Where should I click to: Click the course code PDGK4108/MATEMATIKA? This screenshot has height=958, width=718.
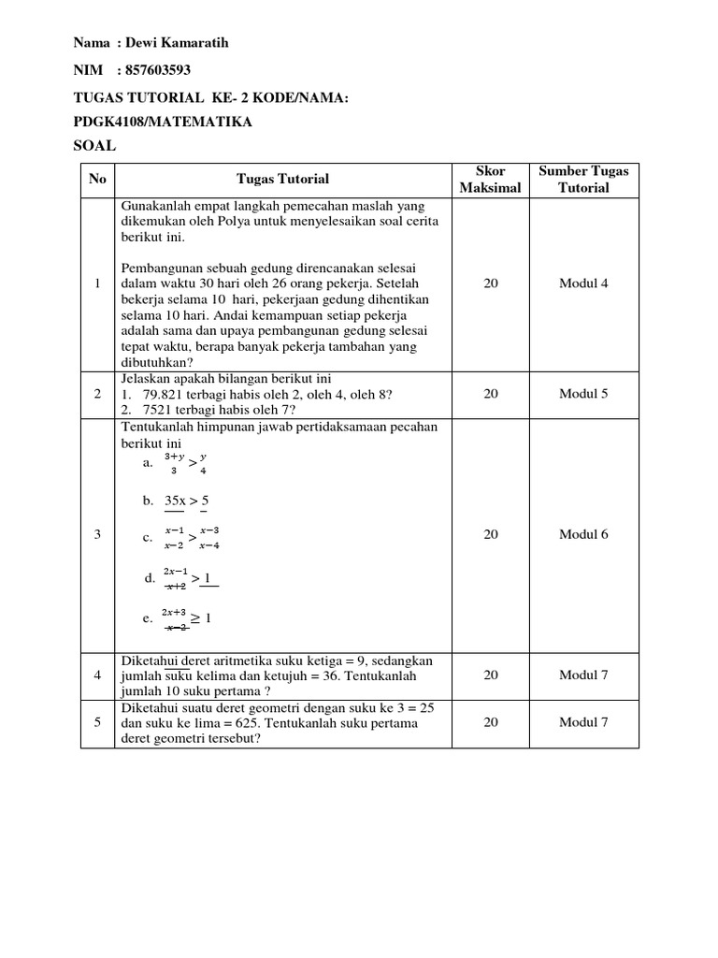(162, 122)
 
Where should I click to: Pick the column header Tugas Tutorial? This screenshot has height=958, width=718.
(282, 179)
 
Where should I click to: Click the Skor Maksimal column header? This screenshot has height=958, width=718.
(490, 179)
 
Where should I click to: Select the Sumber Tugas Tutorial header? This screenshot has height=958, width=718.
(583, 179)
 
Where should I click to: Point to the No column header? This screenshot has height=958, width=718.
(98, 179)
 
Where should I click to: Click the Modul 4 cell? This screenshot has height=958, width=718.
(583, 283)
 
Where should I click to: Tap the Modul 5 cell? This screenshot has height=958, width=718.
(583, 394)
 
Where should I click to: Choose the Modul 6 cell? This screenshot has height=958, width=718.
(583, 534)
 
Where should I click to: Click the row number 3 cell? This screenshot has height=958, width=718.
(98, 534)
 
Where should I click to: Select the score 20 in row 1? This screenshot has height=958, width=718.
(490, 283)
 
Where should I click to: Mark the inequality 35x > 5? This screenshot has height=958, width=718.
(186, 501)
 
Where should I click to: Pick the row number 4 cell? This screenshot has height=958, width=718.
(98, 675)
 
